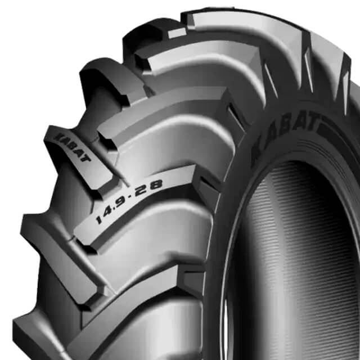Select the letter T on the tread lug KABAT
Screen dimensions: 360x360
(x=84, y=159)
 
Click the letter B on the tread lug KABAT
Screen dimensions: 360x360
(x=70, y=147)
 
